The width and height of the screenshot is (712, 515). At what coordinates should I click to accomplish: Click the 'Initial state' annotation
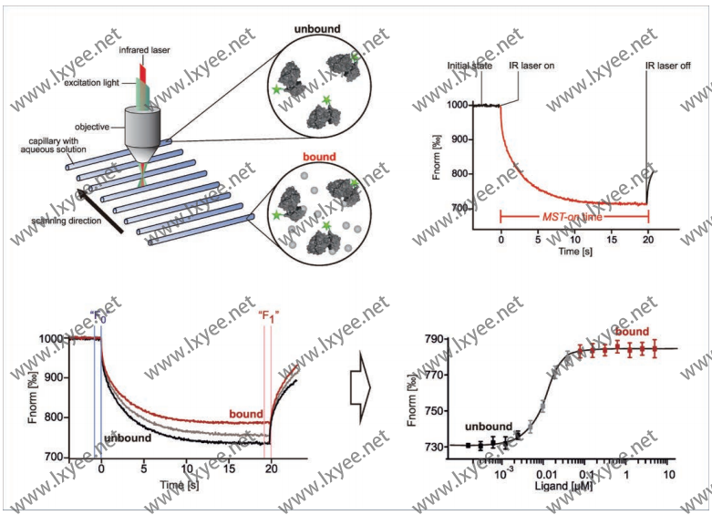coord(472,67)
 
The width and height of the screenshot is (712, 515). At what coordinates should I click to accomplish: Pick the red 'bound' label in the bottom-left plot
coord(246,414)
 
